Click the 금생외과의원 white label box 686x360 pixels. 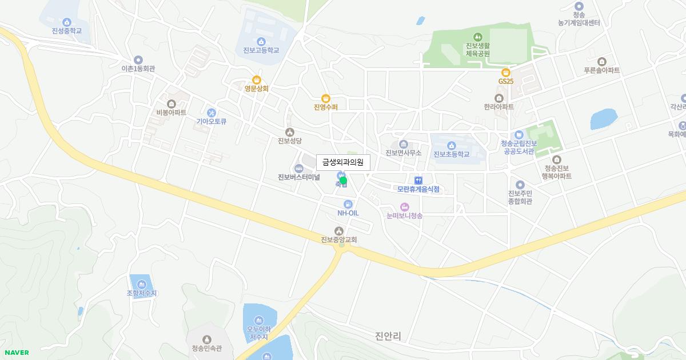coord(343,162)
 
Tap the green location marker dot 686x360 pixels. coord(344,181)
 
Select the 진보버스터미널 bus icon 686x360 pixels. coord(298,168)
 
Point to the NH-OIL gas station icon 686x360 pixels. coord(348,204)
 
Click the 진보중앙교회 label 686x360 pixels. coord(339,240)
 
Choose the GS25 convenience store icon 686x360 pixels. coord(505,73)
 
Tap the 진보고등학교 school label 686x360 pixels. coord(261,50)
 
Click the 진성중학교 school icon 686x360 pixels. coord(67,22)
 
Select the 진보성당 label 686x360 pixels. coord(289,141)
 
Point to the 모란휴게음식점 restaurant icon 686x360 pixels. coord(418,181)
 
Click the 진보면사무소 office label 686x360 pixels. coord(404,153)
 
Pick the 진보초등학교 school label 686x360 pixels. coord(451,154)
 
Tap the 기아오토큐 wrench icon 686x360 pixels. coord(212,113)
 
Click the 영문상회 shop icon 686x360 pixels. coord(257,80)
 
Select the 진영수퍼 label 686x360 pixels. coord(326,107)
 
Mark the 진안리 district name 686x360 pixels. coord(388,336)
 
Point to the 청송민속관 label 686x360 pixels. coord(207,349)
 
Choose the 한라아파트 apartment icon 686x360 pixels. coord(499,98)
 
